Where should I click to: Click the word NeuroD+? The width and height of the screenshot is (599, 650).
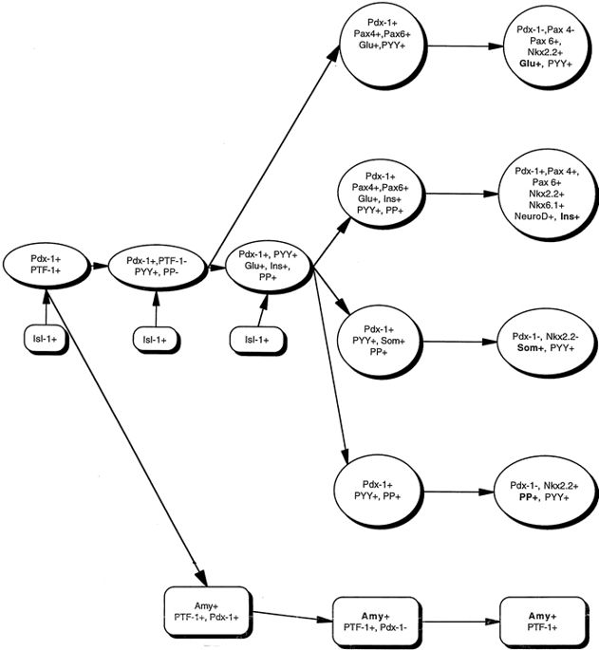[526, 217]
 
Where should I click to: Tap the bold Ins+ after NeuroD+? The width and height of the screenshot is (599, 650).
[571, 217]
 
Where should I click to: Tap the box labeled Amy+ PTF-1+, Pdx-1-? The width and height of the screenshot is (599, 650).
[375, 622]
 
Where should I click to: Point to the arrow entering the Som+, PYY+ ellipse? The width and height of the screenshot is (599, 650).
[459, 343]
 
